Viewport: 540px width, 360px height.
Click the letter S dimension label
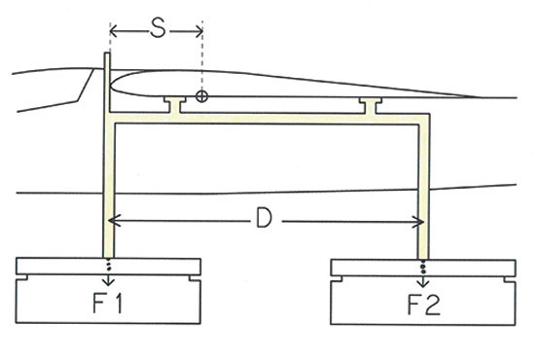click(158, 29)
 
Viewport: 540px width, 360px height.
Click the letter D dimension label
click(264, 218)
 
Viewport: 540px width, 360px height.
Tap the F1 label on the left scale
click(107, 304)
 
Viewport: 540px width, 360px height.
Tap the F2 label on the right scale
click(424, 306)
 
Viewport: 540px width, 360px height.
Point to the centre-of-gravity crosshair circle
click(201, 96)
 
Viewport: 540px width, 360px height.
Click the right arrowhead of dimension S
click(198, 32)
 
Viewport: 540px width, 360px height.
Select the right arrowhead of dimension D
click(418, 222)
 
